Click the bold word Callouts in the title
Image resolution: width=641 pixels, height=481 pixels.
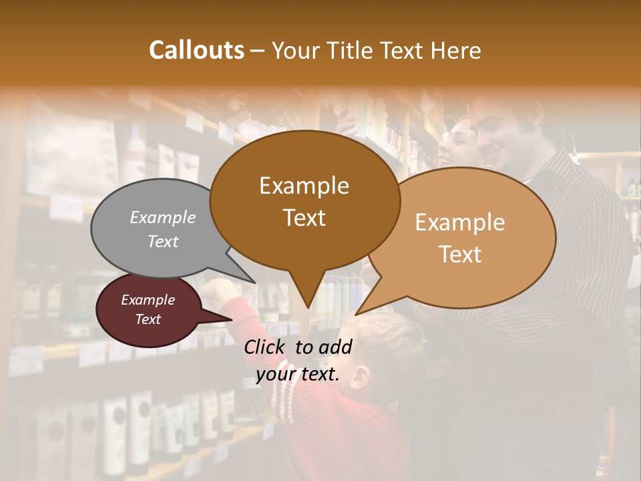click(x=196, y=50)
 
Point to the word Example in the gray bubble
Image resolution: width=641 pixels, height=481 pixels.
click(x=163, y=217)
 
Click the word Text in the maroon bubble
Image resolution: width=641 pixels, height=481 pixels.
click(x=148, y=319)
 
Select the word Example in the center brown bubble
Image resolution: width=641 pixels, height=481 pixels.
click(x=304, y=186)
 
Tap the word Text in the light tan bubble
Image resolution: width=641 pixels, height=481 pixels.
click(x=460, y=255)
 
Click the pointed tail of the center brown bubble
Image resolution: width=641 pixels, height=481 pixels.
click(x=306, y=294)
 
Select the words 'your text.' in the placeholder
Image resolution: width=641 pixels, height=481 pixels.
click(x=298, y=374)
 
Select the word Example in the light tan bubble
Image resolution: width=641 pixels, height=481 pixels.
click(x=460, y=222)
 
